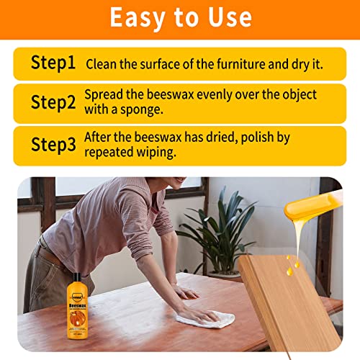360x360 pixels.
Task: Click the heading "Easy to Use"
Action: [180, 18]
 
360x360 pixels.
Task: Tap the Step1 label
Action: [53, 63]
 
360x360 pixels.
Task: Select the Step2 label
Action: [53, 102]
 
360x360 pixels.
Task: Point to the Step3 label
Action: [53, 143]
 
